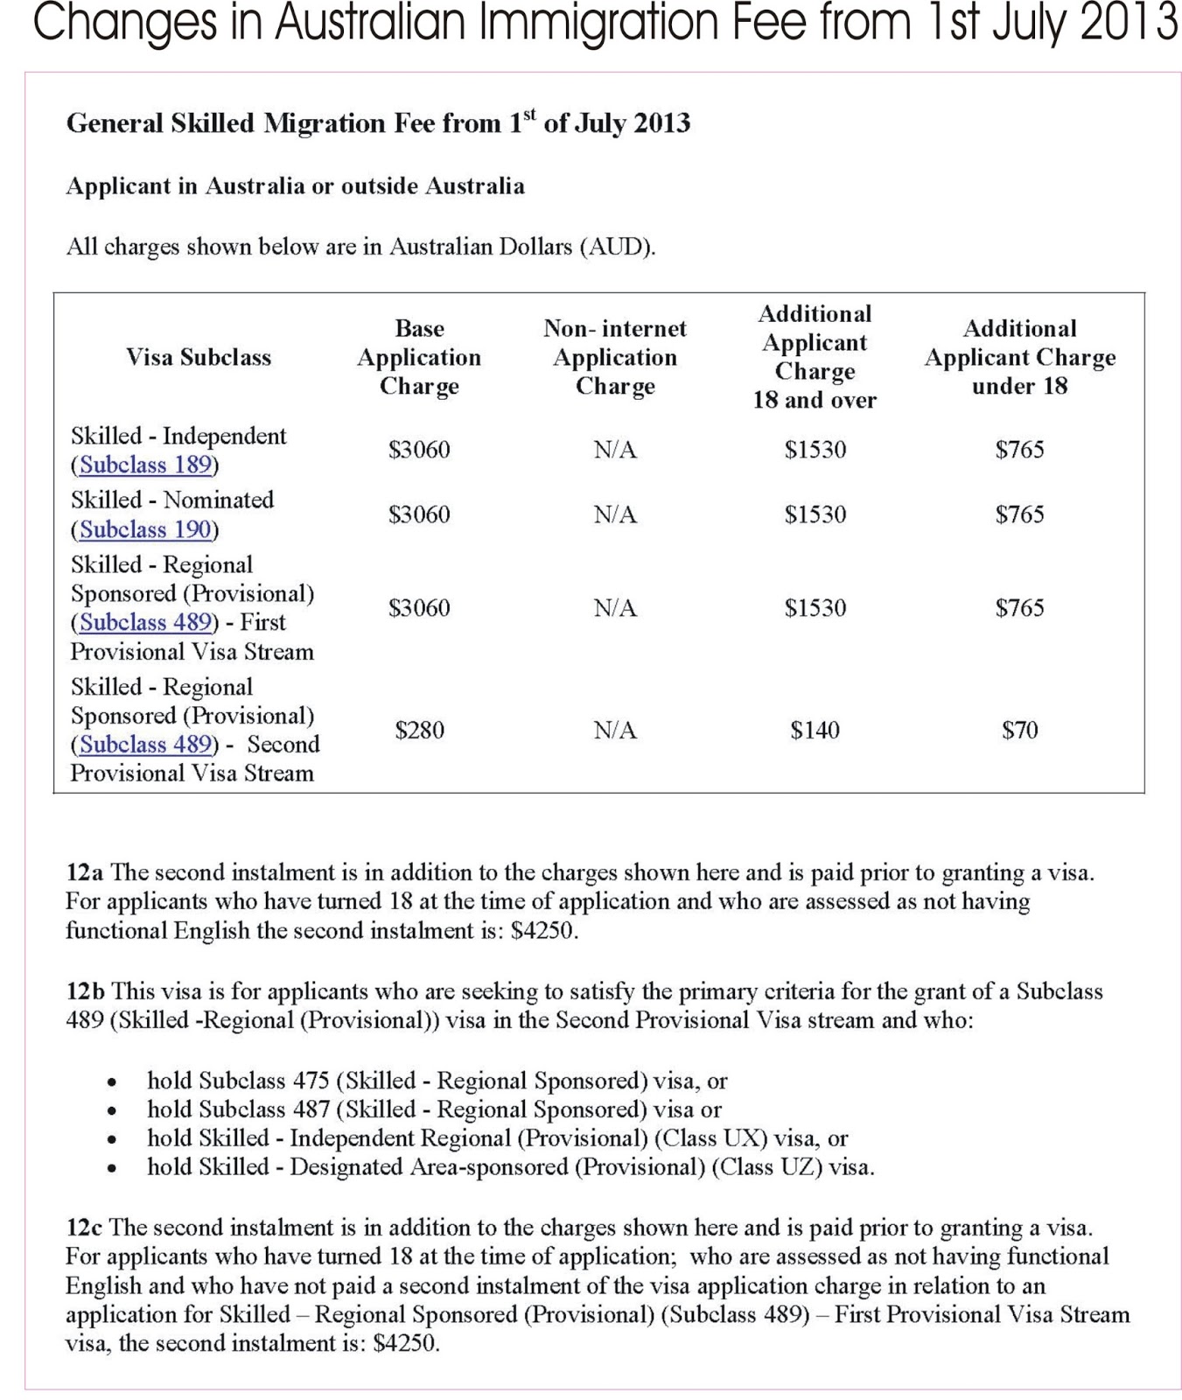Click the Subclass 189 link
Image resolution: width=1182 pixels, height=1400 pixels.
tap(145, 465)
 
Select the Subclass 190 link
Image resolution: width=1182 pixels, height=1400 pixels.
tap(145, 529)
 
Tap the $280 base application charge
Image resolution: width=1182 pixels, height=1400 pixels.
tap(419, 730)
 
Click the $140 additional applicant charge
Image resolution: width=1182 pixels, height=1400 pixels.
tap(815, 730)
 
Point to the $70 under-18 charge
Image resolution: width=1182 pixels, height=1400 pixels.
tap(1019, 730)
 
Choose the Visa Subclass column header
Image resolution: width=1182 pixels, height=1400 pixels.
tap(199, 357)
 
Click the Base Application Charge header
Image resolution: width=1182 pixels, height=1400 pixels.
tap(419, 357)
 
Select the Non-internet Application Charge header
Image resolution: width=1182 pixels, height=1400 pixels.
tap(615, 357)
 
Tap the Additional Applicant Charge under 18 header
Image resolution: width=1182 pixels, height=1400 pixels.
tap(1019, 357)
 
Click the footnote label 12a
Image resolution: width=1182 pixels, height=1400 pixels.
tap(85, 872)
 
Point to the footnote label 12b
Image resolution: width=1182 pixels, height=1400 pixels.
tap(86, 991)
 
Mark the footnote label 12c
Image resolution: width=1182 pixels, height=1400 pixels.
tap(84, 1228)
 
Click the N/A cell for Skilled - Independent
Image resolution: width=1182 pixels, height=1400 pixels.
tap(615, 450)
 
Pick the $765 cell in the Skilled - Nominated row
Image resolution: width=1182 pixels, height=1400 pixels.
tap(1019, 514)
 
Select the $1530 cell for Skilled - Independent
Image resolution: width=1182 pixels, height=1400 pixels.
tap(815, 450)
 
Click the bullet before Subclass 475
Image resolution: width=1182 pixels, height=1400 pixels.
tap(111, 1082)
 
